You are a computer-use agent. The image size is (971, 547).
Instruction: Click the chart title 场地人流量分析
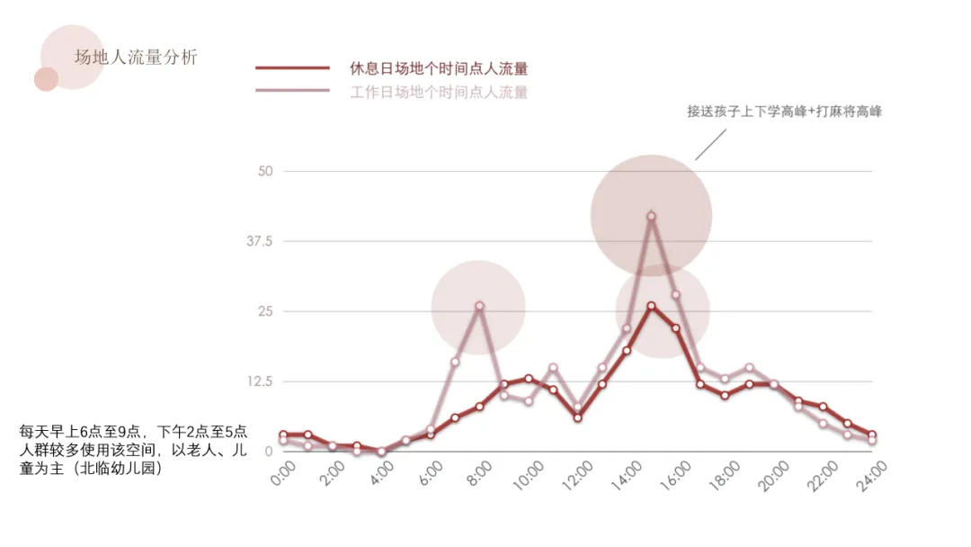(136, 58)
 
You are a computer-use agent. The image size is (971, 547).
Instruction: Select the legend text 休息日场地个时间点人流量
(438, 68)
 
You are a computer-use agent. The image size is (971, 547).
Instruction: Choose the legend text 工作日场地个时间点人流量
(438, 92)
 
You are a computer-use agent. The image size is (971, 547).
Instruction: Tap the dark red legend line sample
(292, 67)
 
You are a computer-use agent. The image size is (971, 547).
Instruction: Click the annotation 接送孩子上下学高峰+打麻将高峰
(784, 112)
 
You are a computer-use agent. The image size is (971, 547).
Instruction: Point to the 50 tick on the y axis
(265, 171)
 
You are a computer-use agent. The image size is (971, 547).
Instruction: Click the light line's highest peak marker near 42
(651, 216)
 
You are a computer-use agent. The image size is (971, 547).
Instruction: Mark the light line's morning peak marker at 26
(479, 306)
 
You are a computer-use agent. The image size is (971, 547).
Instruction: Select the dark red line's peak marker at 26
(651, 306)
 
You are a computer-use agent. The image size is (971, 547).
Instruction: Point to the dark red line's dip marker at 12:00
(577, 417)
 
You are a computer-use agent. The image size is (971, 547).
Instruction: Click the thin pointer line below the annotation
(710, 144)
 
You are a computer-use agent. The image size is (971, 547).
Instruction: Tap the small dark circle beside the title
(46, 79)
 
